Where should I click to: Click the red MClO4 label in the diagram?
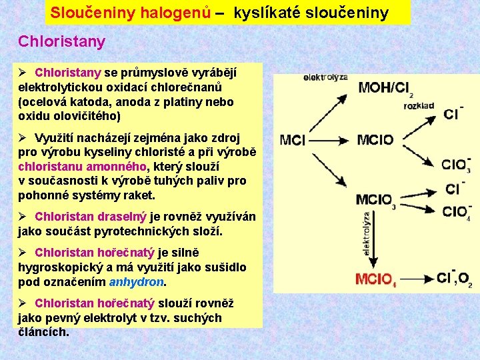pos(375,279)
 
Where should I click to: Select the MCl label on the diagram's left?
pos(294,140)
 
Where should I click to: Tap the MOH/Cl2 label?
pos(385,89)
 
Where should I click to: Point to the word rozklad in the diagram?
pos(419,105)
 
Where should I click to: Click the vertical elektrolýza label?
pos(366,233)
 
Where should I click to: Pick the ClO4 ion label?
pos(456,213)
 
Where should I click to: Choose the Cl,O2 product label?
pos(455,279)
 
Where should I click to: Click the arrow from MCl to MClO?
pos(331,140)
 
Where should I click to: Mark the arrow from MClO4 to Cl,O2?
pos(415,279)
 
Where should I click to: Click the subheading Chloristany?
pos(61,41)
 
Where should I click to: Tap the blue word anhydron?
pos(136,281)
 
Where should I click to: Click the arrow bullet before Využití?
pos(23,137)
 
